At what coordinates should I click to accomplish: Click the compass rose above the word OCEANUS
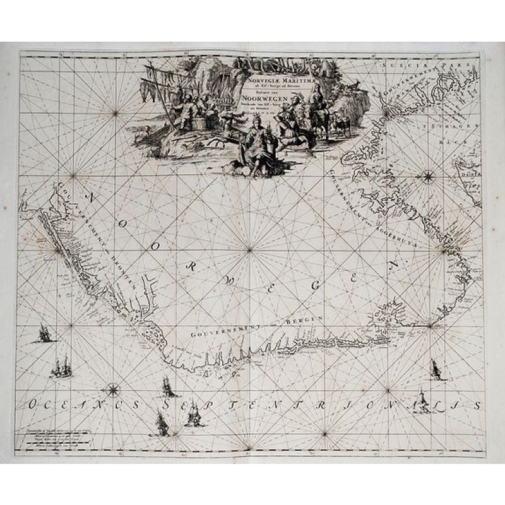point(114,389)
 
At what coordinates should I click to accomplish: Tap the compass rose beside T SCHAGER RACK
point(428,176)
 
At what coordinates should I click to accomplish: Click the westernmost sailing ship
point(44,333)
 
